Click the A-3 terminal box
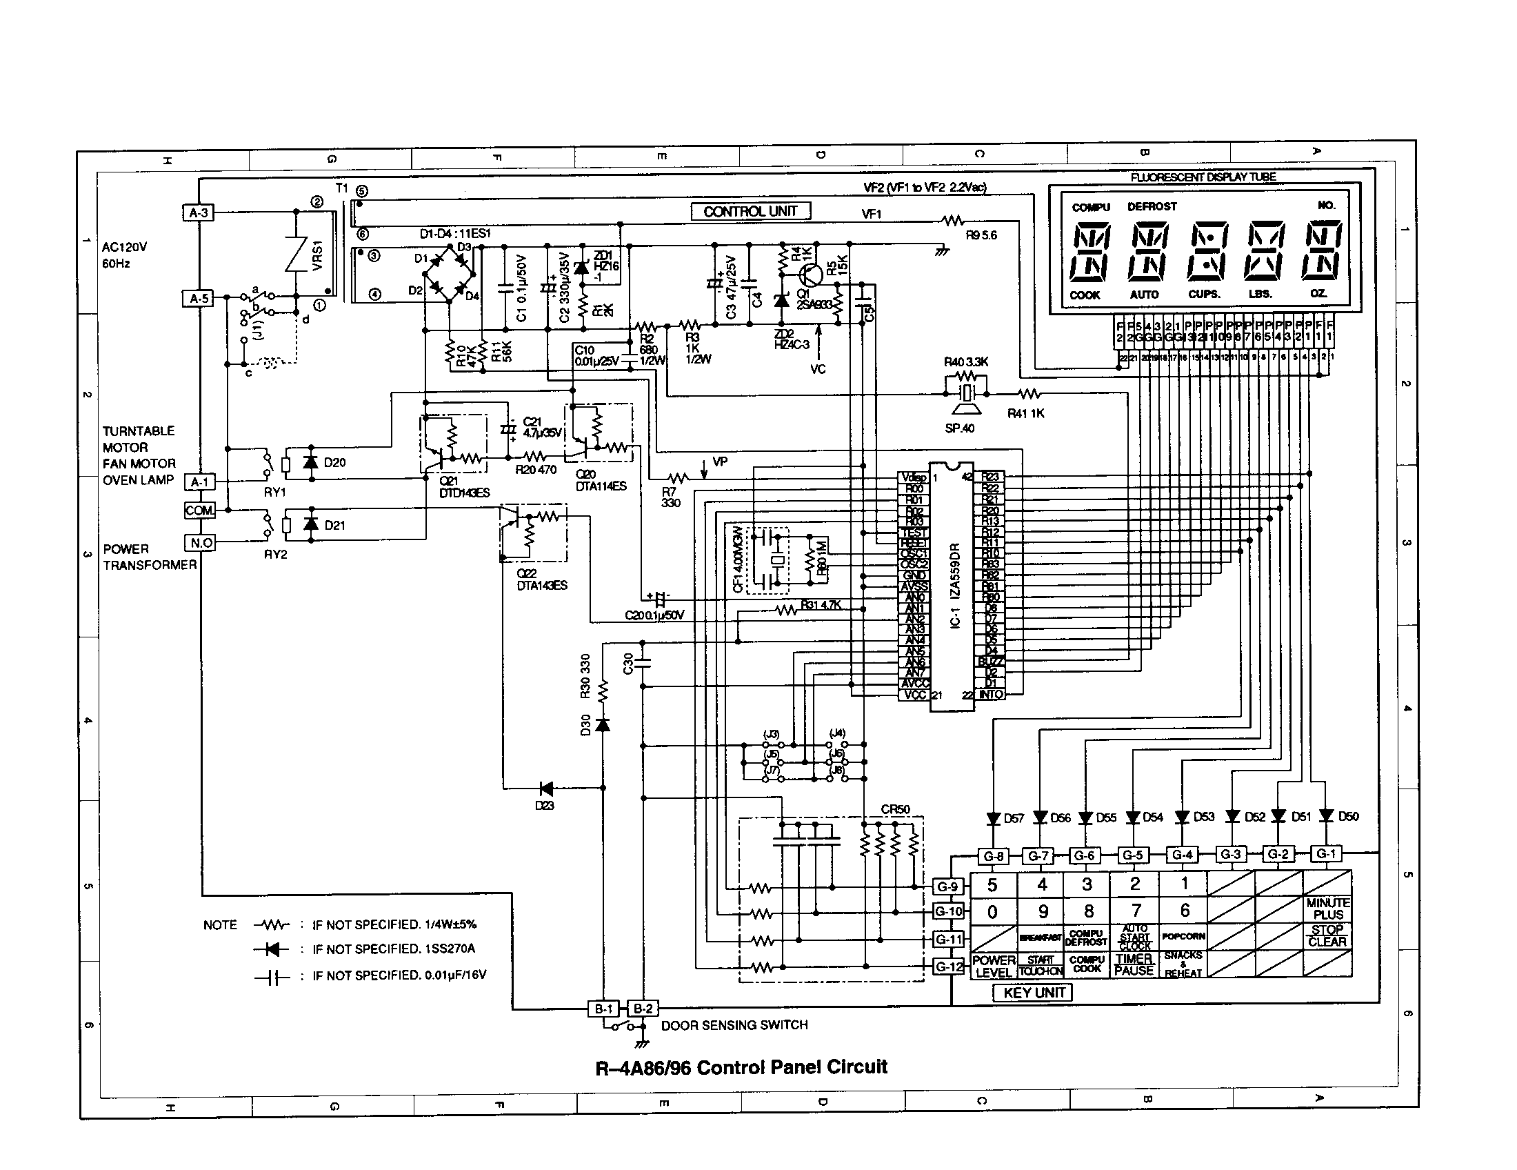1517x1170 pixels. point(199,212)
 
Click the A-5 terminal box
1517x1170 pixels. point(199,299)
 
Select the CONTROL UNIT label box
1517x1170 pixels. point(750,211)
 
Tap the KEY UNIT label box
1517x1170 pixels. point(1033,993)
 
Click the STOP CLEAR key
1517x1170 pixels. point(1327,936)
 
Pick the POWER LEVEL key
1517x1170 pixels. point(993,966)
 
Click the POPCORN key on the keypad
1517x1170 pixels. point(1183,936)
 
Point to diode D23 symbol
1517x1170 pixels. point(546,789)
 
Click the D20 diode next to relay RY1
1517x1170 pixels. point(310,462)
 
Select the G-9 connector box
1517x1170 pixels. point(947,886)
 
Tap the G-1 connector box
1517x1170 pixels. point(1325,853)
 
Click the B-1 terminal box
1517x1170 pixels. point(603,1009)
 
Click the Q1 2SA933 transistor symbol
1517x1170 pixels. point(810,275)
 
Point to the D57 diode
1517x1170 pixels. point(994,818)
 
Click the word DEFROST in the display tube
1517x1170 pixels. point(1152,206)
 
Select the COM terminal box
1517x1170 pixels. point(199,510)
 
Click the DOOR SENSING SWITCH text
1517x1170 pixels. point(734,1025)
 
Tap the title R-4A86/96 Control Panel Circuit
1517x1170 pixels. point(741,1067)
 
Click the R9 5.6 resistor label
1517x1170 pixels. point(981,235)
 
